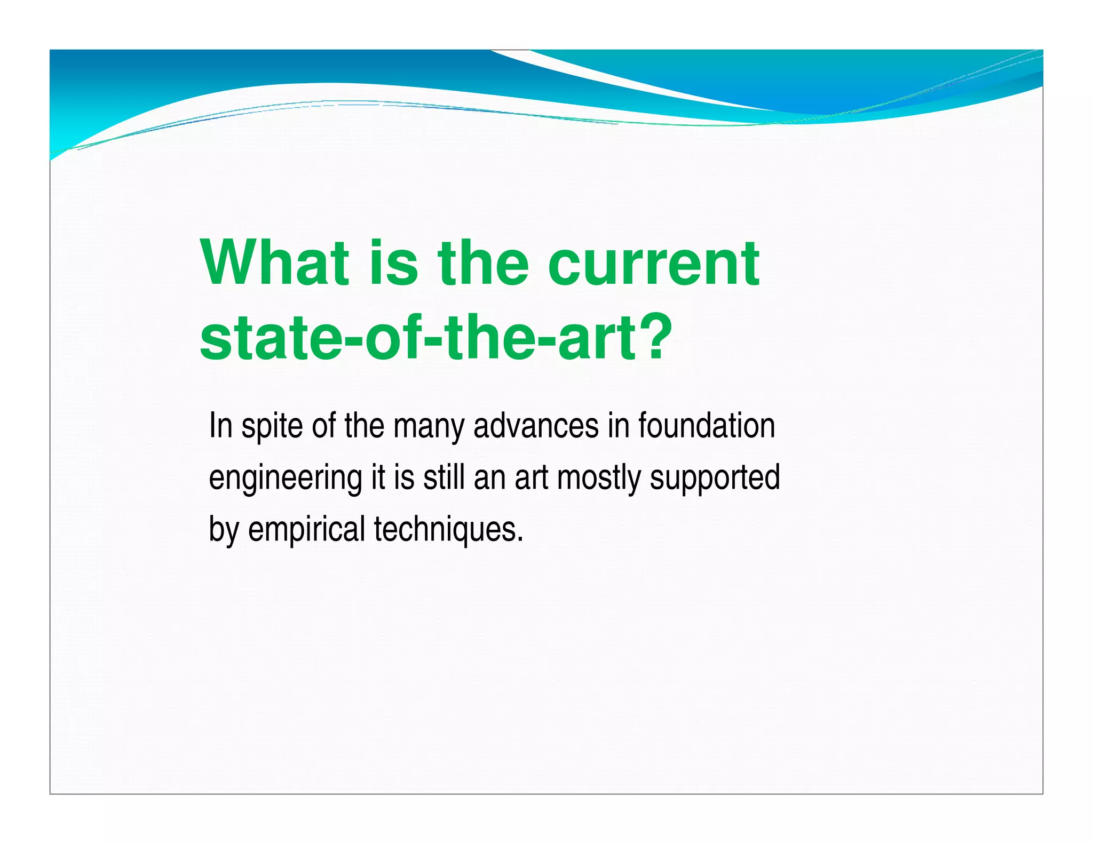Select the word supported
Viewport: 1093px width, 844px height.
point(715,478)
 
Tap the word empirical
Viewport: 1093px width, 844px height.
point(306,529)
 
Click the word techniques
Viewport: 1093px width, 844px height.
point(445,529)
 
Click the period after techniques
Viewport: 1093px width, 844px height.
point(520,539)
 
